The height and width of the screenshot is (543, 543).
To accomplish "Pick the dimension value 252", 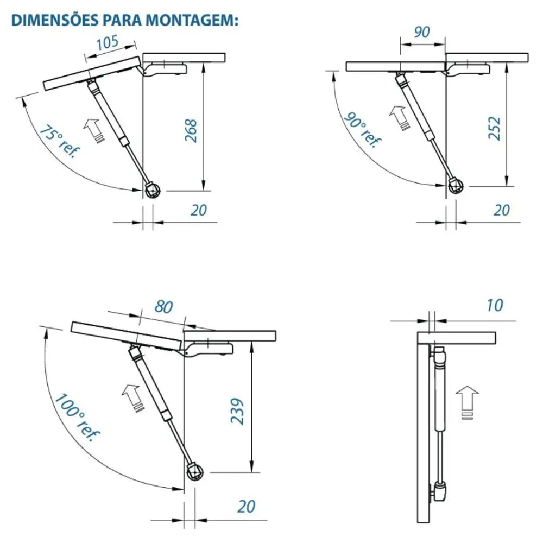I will [494, 129].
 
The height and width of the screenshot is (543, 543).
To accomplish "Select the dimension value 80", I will [163, 307].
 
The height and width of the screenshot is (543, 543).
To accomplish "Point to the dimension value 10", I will [494, 305].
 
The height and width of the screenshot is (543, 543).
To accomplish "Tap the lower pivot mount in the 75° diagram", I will [153, 190].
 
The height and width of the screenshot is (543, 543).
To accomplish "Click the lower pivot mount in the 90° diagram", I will [456, 186].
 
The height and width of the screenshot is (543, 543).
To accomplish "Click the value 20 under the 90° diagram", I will [502, 209].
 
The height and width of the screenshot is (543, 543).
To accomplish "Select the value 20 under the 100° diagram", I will [247, 506].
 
